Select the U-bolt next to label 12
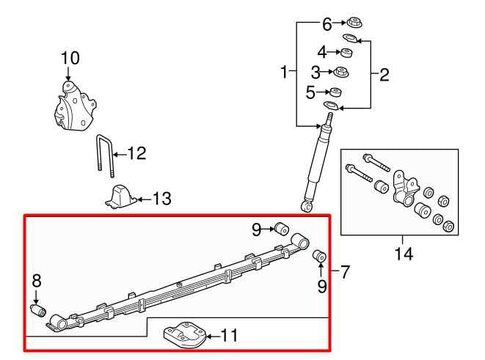click(105, 156)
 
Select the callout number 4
click(321, 52)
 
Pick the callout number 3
click(316, 72)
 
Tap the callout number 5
click(310, 92)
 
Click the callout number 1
click(284, 72)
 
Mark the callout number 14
click(403, 254)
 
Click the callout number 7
click(345, 272)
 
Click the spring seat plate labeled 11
click(180, 336)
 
